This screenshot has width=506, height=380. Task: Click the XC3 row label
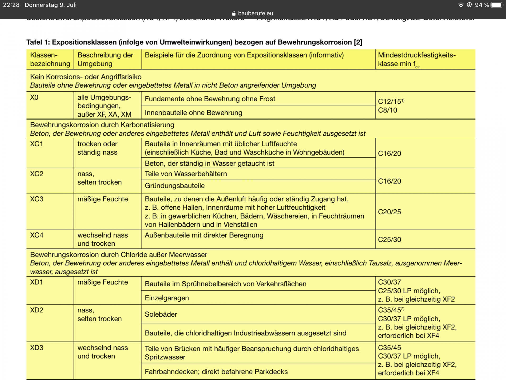pos(37,199)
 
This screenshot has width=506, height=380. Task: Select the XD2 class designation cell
pos(37,310)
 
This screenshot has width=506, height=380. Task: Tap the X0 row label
pos(34,97)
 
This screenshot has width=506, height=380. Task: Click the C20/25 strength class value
pos(389,212)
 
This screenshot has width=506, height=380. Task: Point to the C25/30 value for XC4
pos(389,239)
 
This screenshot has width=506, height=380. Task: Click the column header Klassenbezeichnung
pos(50,59)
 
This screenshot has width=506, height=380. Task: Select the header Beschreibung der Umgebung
pos(105,59)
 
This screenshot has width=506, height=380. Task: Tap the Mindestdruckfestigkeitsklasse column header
pos(416,59)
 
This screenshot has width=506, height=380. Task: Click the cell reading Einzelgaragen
pos(167,298)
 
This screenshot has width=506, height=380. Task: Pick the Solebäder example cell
pos(161,314)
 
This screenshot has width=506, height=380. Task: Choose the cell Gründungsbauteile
pos(175,186)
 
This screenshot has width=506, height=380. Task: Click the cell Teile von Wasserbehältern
pos(186,174)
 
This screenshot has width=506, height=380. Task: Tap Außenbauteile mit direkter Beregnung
pos(204,235)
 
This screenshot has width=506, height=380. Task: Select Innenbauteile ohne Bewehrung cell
pos(193,113)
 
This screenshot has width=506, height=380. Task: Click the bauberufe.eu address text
pos(255,13)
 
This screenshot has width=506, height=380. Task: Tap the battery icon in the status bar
pos(497,5)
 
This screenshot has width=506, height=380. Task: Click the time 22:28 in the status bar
pos(11,5)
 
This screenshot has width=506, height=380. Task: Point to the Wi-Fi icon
pos(461,5)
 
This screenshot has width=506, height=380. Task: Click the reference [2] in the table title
pos(358,42)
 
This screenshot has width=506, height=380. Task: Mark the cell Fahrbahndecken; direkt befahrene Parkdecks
pos(216,372)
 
